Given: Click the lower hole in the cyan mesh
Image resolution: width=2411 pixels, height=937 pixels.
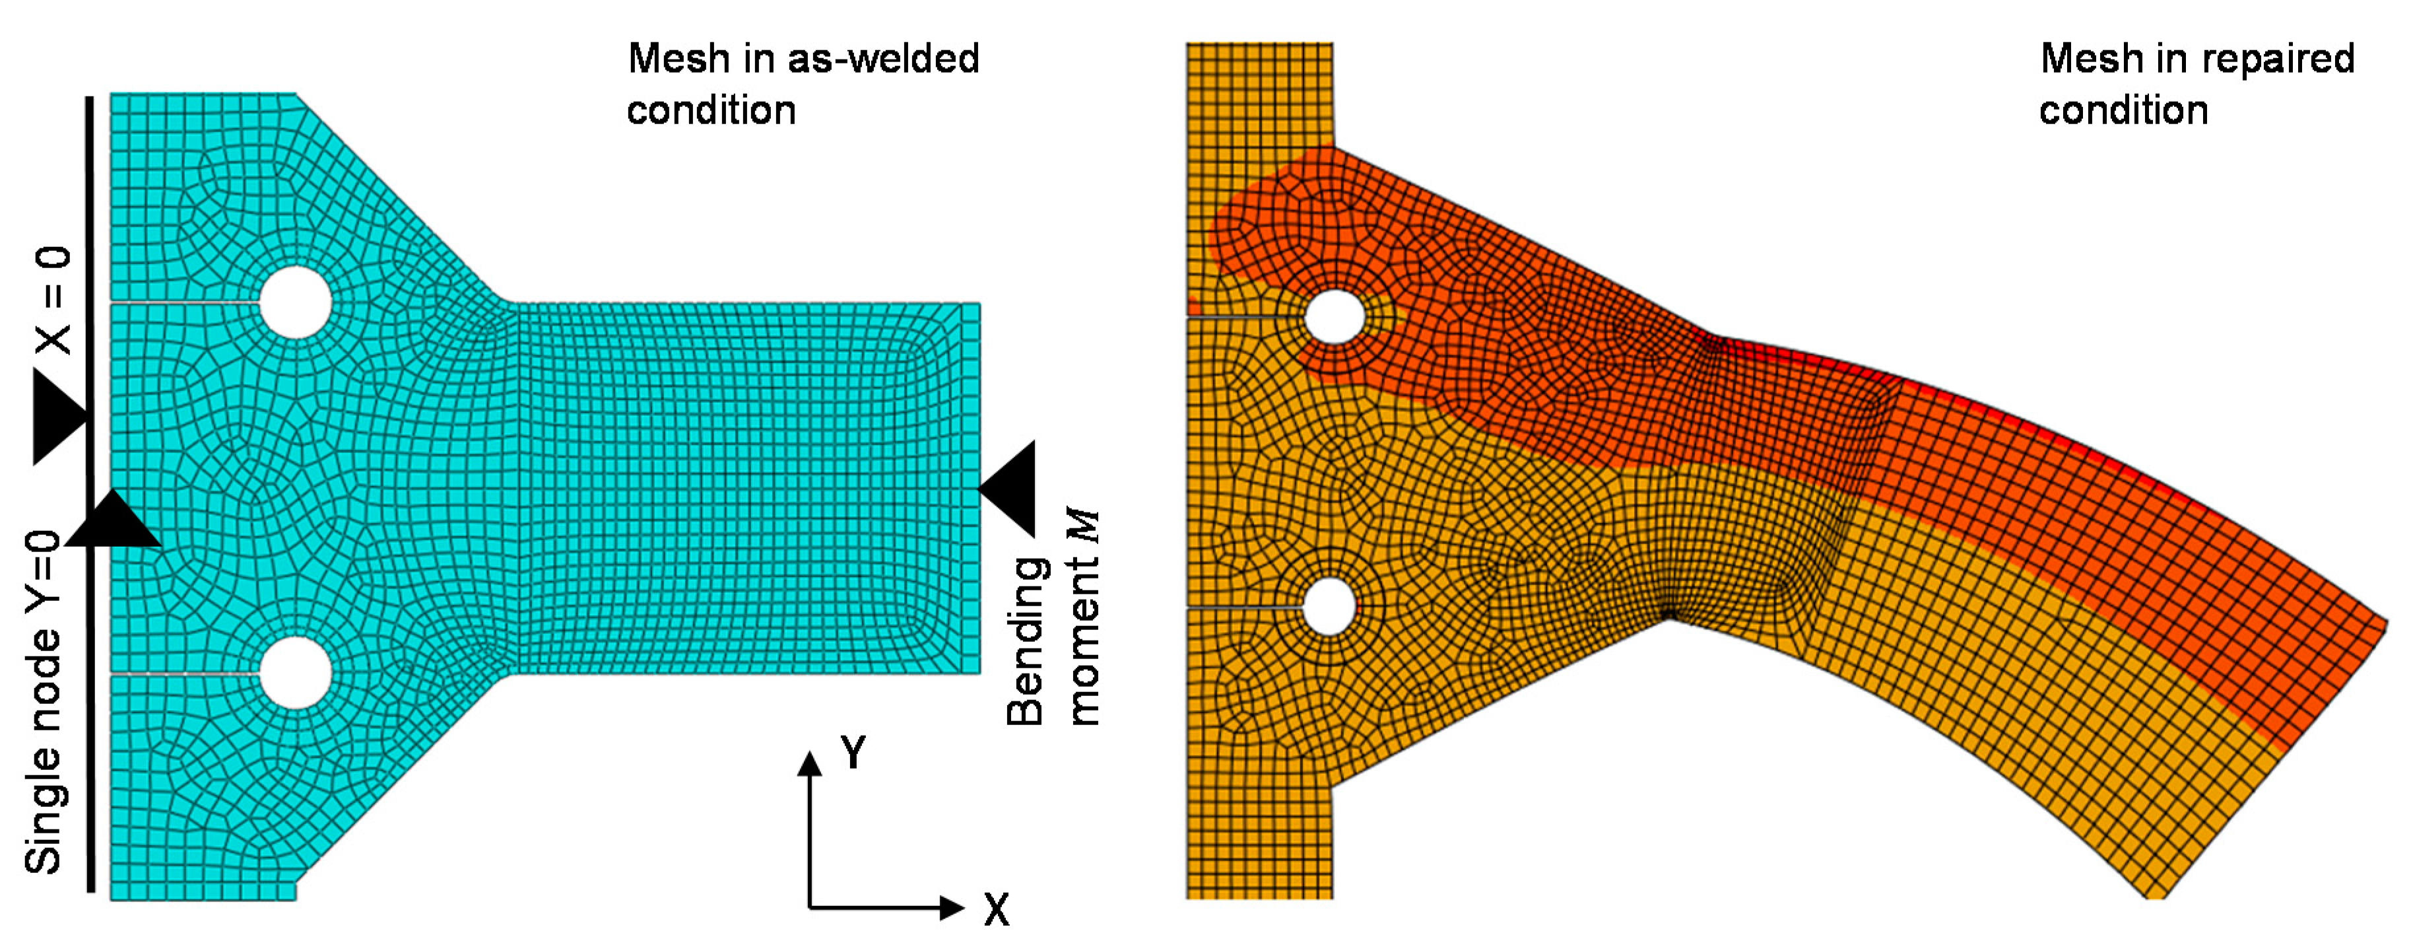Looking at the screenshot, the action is tap(296, 672).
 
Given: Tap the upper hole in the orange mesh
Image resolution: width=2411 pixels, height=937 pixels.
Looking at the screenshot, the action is tap(1334, 316).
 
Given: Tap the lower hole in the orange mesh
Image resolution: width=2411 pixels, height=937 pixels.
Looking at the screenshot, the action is tap(1328, 607).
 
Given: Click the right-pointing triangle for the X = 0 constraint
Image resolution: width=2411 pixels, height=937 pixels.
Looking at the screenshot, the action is tap(56, 415).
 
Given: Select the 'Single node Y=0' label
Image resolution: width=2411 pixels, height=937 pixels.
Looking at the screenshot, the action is tap(43, 702).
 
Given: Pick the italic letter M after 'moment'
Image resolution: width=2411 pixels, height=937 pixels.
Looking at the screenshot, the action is tap(1083, 525).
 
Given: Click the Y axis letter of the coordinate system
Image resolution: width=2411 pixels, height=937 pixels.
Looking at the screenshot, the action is tap(853, 751).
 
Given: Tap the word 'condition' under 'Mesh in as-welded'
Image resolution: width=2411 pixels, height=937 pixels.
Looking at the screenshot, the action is tap(711, 110).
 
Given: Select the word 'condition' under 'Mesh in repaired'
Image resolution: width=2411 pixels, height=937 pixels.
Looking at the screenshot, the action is tap(2124, 110).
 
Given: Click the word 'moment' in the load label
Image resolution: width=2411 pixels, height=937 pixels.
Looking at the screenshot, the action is tap(1084, 641).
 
